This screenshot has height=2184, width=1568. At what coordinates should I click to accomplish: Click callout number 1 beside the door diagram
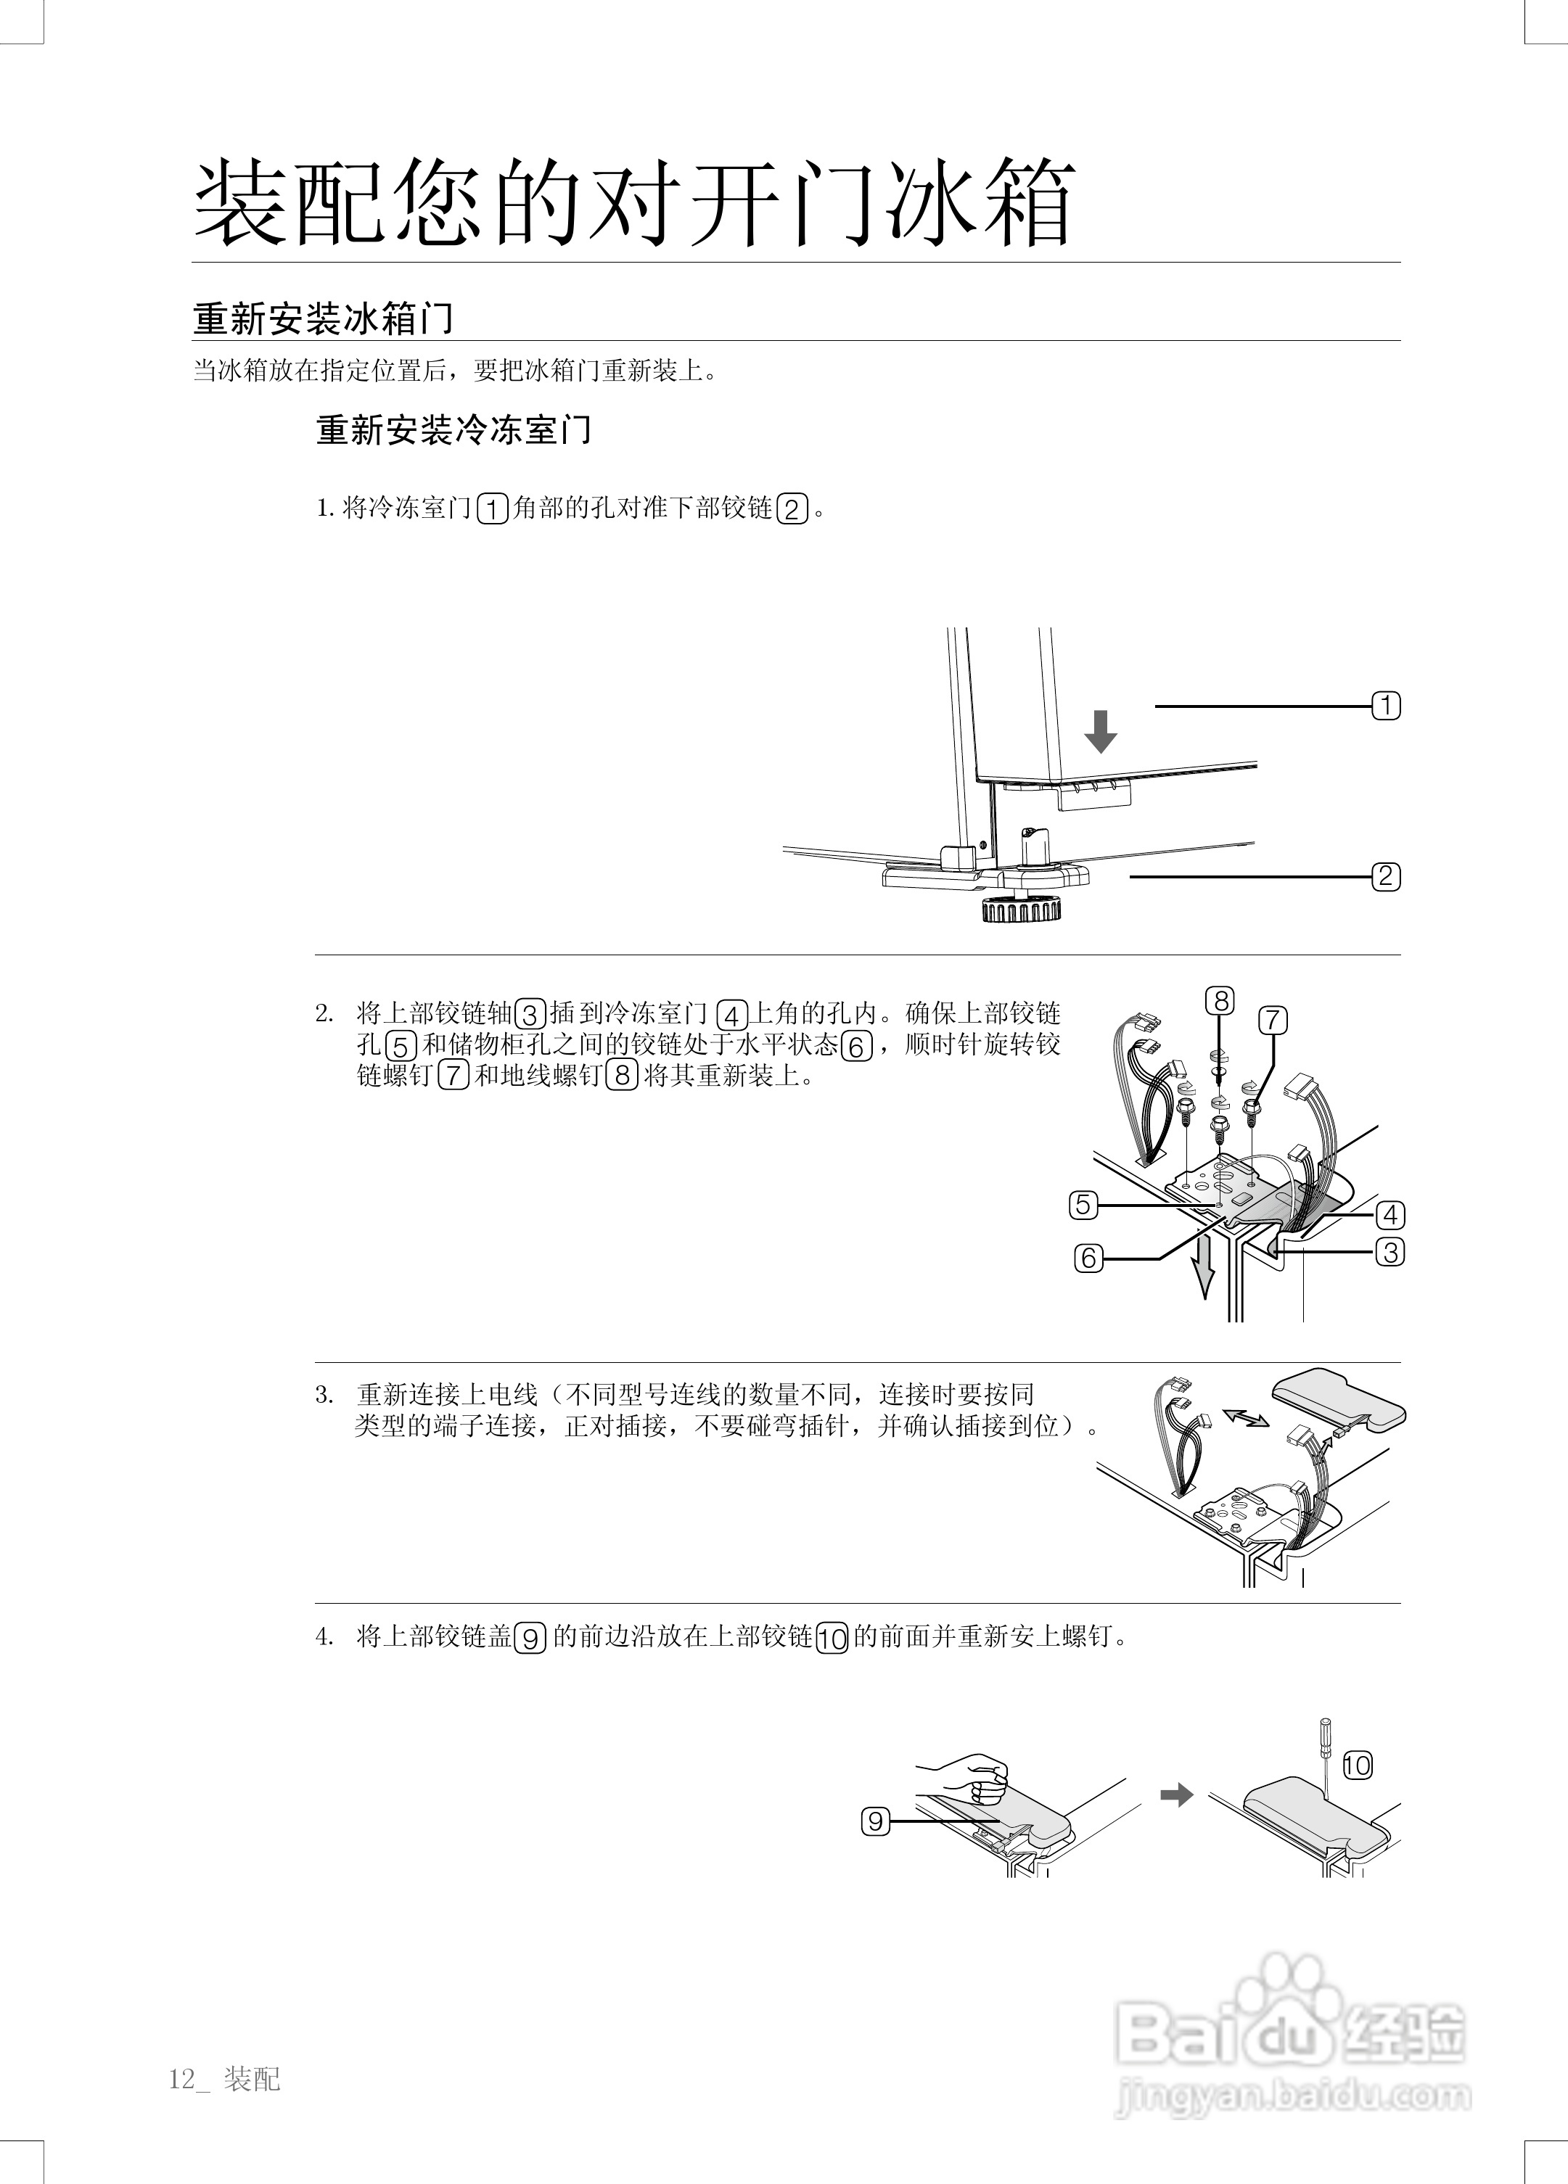point(1386,706)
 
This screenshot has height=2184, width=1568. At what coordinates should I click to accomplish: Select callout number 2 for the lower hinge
point(1386,876)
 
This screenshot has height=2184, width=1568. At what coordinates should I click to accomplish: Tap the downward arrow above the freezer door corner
point(1100,732)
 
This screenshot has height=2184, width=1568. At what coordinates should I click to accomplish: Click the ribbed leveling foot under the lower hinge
point(1020,909)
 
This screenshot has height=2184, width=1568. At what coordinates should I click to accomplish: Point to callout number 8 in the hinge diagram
point(1220,1002)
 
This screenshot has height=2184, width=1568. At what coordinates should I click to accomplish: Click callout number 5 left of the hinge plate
point(1083,1205)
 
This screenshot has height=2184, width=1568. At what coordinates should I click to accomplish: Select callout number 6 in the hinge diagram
point(1088,1258)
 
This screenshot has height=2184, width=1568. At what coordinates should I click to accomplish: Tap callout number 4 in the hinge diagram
point(1390,1215)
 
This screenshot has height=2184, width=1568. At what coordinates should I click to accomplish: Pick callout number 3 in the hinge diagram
point(1390,1253)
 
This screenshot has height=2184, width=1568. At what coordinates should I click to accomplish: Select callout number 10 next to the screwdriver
point(1356,1765)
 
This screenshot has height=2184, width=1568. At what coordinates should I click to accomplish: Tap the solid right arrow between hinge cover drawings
point(1176,1795)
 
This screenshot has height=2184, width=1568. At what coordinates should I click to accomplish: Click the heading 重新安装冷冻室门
point(453,430)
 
